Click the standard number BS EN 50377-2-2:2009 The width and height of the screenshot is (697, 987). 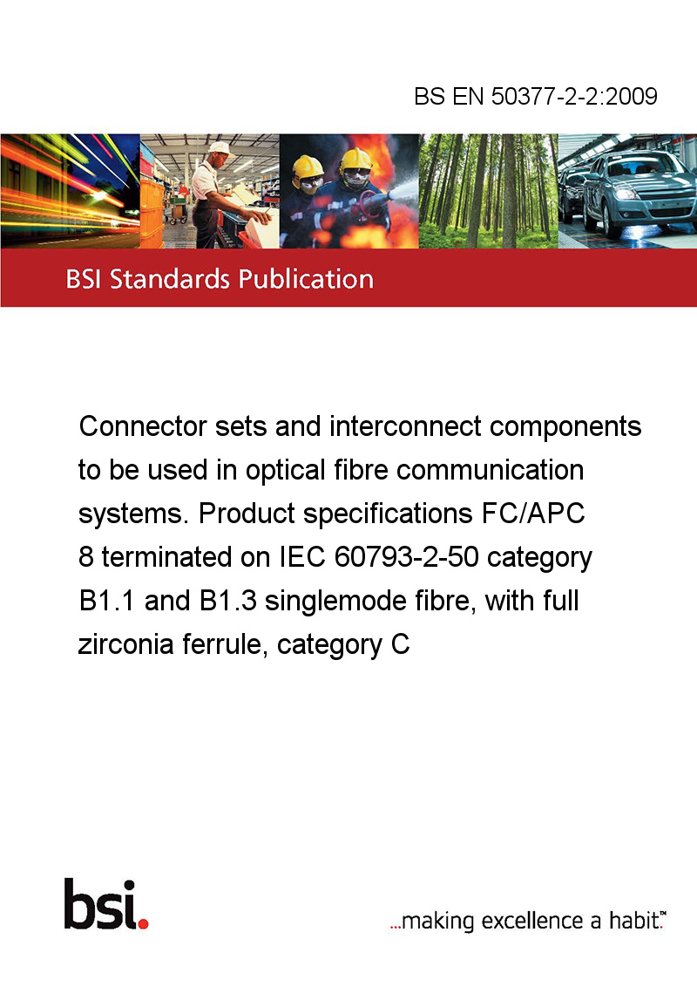click(x=535, y=96)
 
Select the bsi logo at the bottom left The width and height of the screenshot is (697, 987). click(x=106, y=904)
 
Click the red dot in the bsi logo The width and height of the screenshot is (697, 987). click(x=144, y=924)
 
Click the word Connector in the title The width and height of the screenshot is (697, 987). click(x=143, y=426)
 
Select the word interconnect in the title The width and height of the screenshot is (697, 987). click(x=406, y=426)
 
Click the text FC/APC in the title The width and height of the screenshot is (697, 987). click(x=533, y=514)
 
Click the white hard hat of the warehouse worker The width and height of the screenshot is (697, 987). click(x=219, y=148)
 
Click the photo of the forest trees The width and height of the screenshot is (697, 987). click(x=488, y=191)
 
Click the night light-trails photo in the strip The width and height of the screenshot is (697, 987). click(x=70, y=191)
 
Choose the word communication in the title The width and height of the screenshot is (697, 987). click(x=490, y=470)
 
